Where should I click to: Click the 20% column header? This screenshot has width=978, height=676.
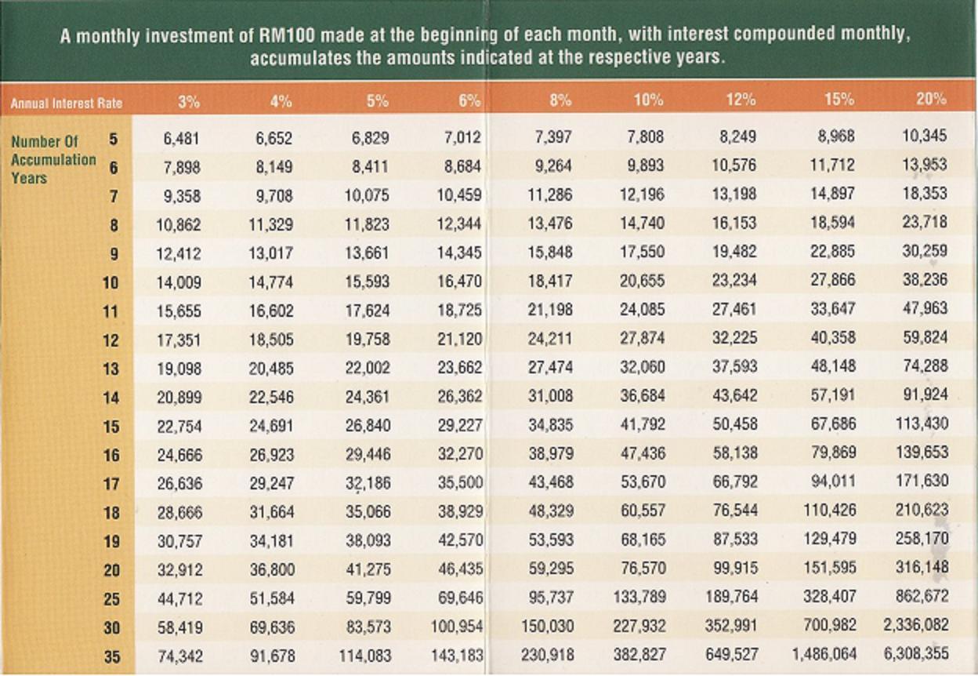(931, 100)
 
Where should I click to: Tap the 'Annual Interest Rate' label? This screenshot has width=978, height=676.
(67, 103)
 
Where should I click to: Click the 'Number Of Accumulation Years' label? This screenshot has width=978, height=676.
(53, 159)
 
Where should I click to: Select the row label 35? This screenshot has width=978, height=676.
(112, 656)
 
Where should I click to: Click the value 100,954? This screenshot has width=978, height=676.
(457, 626)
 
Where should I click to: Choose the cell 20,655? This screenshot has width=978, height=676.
(642, 282)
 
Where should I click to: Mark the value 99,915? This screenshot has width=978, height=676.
(734, 568)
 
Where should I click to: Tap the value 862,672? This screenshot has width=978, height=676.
(922, 597)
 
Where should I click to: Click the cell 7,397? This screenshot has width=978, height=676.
(553, 137)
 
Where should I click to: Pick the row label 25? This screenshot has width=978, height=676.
(112, 599)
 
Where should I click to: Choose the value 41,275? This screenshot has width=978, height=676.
(368, 568)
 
